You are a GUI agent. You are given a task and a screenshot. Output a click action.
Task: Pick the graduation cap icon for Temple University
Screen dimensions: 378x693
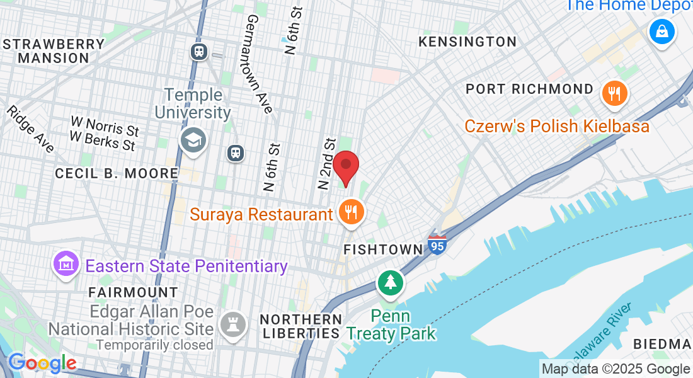(x=193, y=140)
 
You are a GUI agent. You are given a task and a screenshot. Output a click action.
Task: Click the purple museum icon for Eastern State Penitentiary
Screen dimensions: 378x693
(x=67, y=265)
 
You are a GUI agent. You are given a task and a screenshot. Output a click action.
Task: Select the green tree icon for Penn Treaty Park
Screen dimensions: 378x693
(x=391, y=282)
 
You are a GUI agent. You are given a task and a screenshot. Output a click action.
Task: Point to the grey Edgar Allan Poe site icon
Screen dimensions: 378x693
(x=232, y=324)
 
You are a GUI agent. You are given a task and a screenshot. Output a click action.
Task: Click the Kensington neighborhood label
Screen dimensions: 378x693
(x=468, y=42)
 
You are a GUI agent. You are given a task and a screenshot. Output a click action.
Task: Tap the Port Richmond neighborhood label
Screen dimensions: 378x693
(x=530, y=89)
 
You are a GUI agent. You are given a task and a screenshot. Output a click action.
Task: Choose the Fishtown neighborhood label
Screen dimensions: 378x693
(x=383, y=249)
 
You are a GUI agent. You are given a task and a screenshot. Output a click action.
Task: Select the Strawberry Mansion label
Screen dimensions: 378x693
(x=54, y=51)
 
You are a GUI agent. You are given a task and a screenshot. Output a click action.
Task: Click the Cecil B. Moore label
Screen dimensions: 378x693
(x=117, y=173)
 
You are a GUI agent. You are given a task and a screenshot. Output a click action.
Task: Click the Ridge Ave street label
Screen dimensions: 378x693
(x=30, y=129)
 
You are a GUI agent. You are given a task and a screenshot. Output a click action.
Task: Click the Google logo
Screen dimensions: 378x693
(x=42, y=363)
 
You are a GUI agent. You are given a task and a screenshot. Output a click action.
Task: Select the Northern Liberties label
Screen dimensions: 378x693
(x=302, y=326)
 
